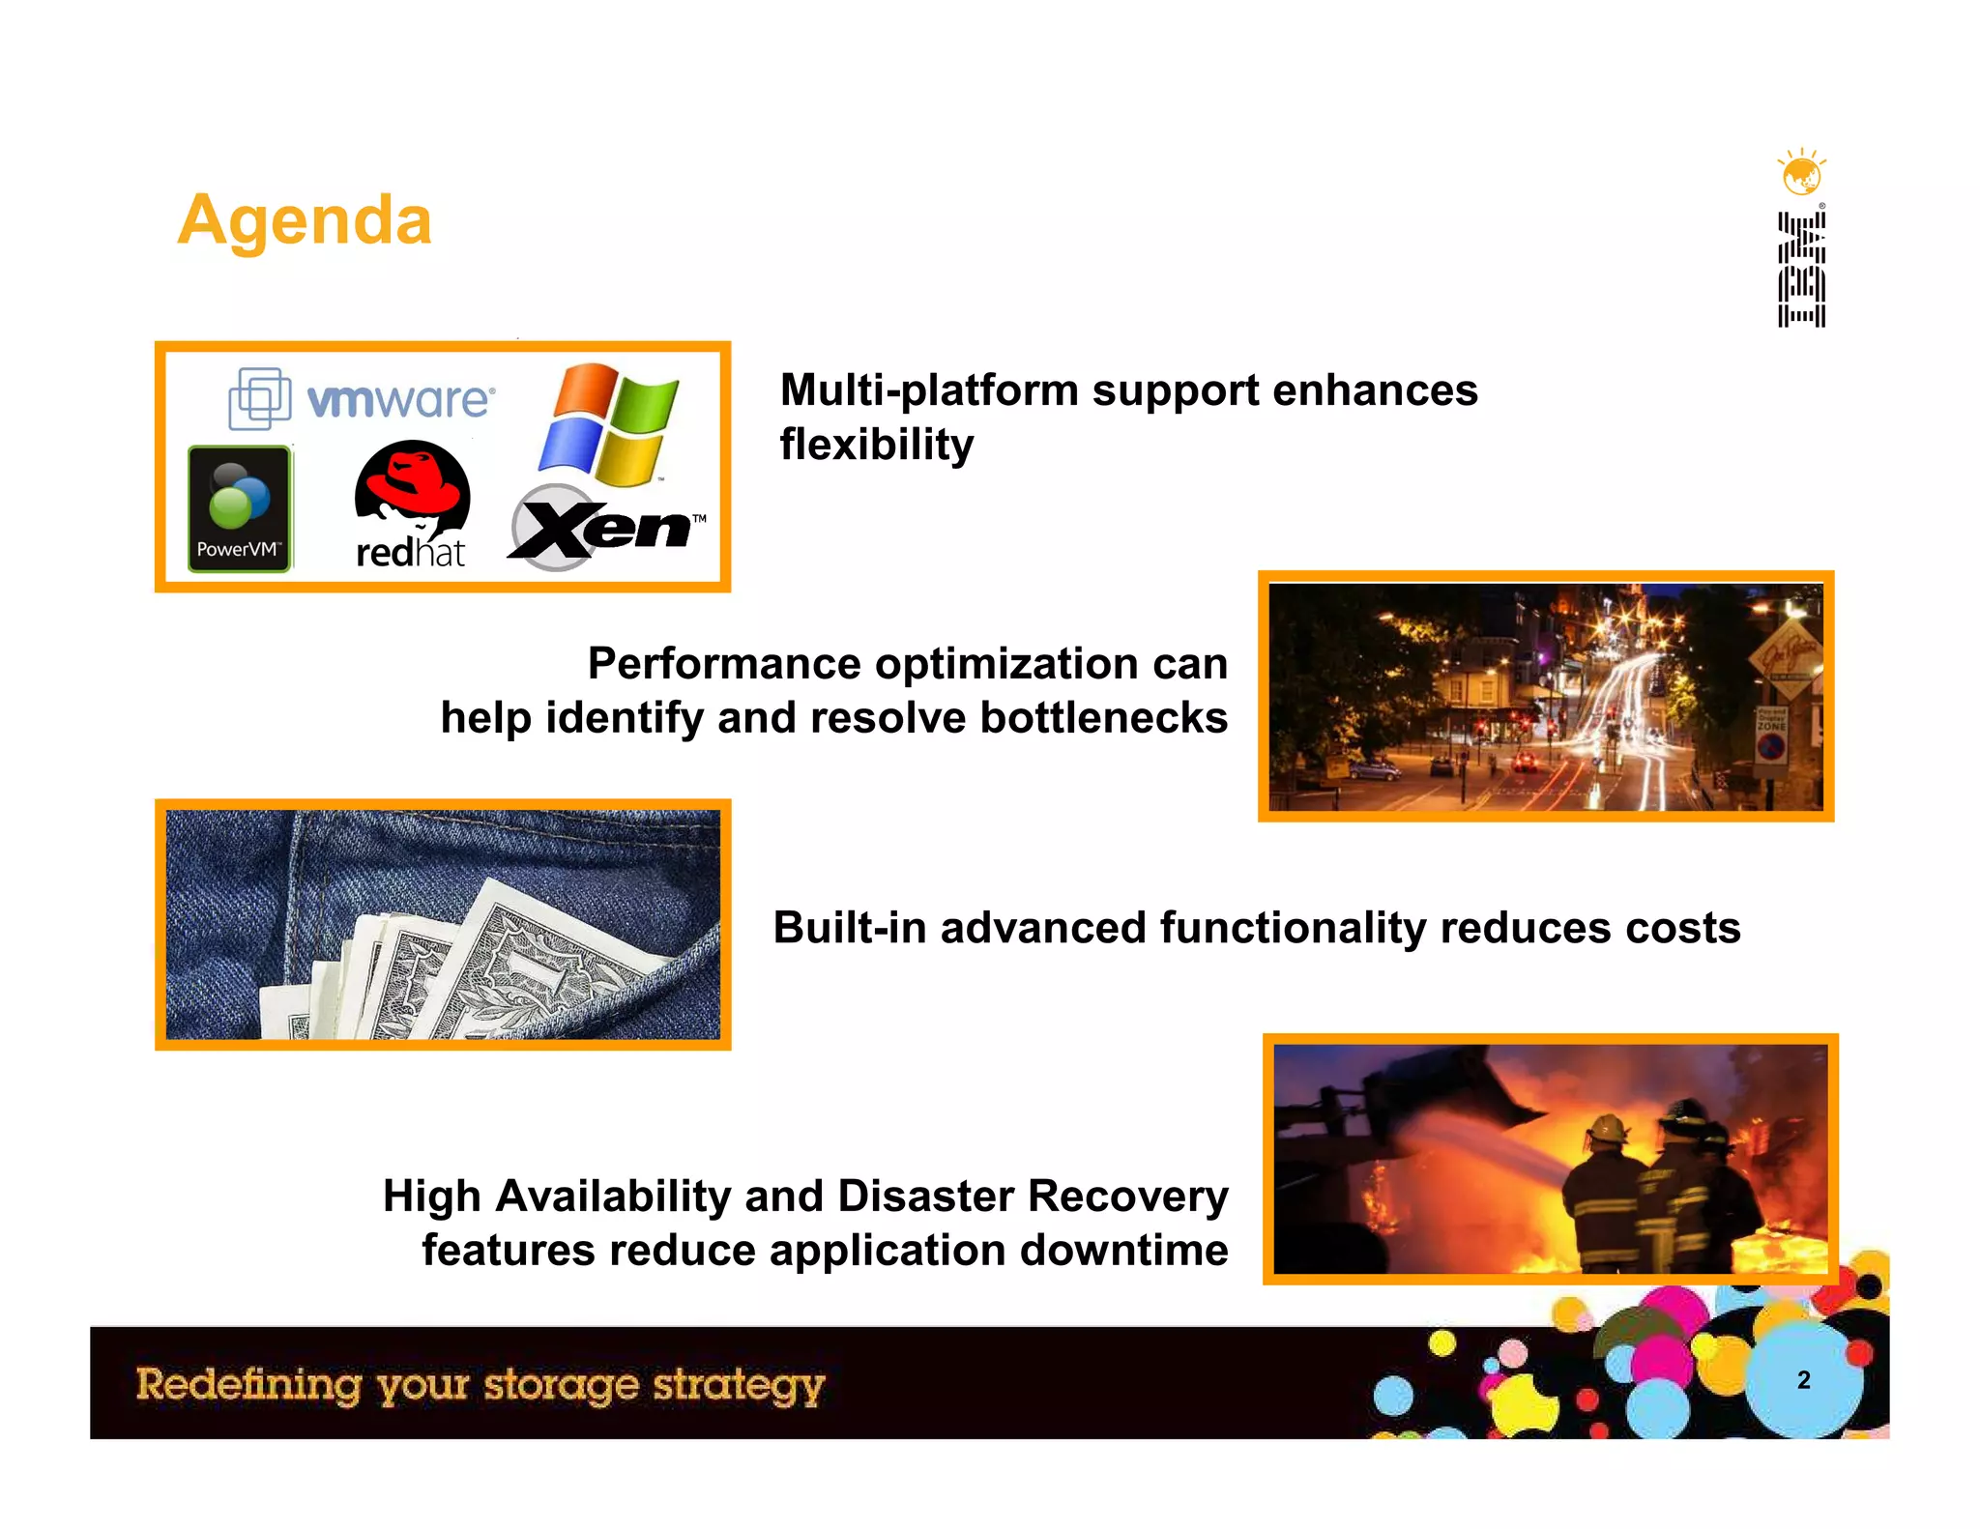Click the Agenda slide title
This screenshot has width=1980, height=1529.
[305, 220]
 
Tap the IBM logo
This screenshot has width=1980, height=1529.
[1801, 270]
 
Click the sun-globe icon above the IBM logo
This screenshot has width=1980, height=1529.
[1801, 174]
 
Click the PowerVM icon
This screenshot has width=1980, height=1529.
[239, 508]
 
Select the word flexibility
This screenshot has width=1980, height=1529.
[877, 445]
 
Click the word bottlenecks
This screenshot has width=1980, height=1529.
[1103, 718]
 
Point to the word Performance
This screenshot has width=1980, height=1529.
[724, 664]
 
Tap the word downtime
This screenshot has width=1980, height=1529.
[1123, 1250]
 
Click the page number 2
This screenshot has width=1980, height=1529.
[1803, 1379]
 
